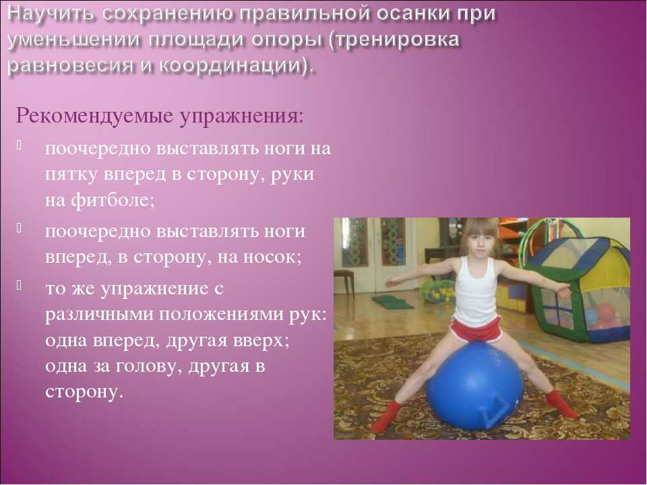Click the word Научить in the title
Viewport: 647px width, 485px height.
click(52, 14)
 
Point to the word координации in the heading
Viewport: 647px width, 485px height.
click(233, 66)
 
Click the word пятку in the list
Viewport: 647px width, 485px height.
click(71, 175)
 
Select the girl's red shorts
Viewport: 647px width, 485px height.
click(476, 329)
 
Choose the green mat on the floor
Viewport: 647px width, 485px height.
click(392, 302)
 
